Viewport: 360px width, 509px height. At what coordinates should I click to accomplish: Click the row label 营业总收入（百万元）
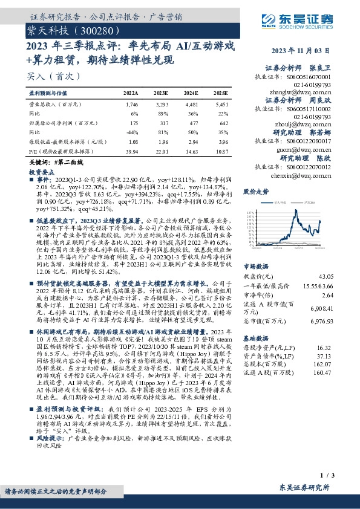(x=51, y=105)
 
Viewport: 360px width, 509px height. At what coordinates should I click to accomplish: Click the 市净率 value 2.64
(x=327, y=294)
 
